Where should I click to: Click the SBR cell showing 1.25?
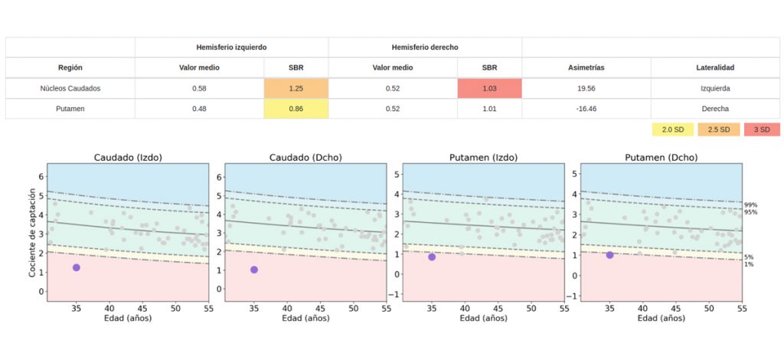click(x=296, y=88)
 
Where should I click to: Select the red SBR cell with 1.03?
click(x=489, y=88)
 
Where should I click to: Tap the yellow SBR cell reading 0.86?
click(x=296, y=109)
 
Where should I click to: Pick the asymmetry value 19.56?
click(x=586, y=88)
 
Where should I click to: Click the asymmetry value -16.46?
click(x=586, y=109)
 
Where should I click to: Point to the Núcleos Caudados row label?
click(x=70, y=88)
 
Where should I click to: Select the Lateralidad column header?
click(x=714, y=67)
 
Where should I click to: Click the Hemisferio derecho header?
click(x=425, y=47)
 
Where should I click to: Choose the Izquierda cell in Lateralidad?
click(x=714, y=88)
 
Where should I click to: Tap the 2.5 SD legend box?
click(x=718, y=129)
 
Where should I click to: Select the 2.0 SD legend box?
click(x=672, y=129)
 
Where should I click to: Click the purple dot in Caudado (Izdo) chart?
click(x=76, y=267)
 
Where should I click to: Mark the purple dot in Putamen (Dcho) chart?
click(x=609, y=255)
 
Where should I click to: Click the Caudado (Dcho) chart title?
click(x=305, y=158)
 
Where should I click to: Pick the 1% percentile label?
click(x=748, y=264)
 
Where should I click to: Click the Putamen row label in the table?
click(x=70, y=109)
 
